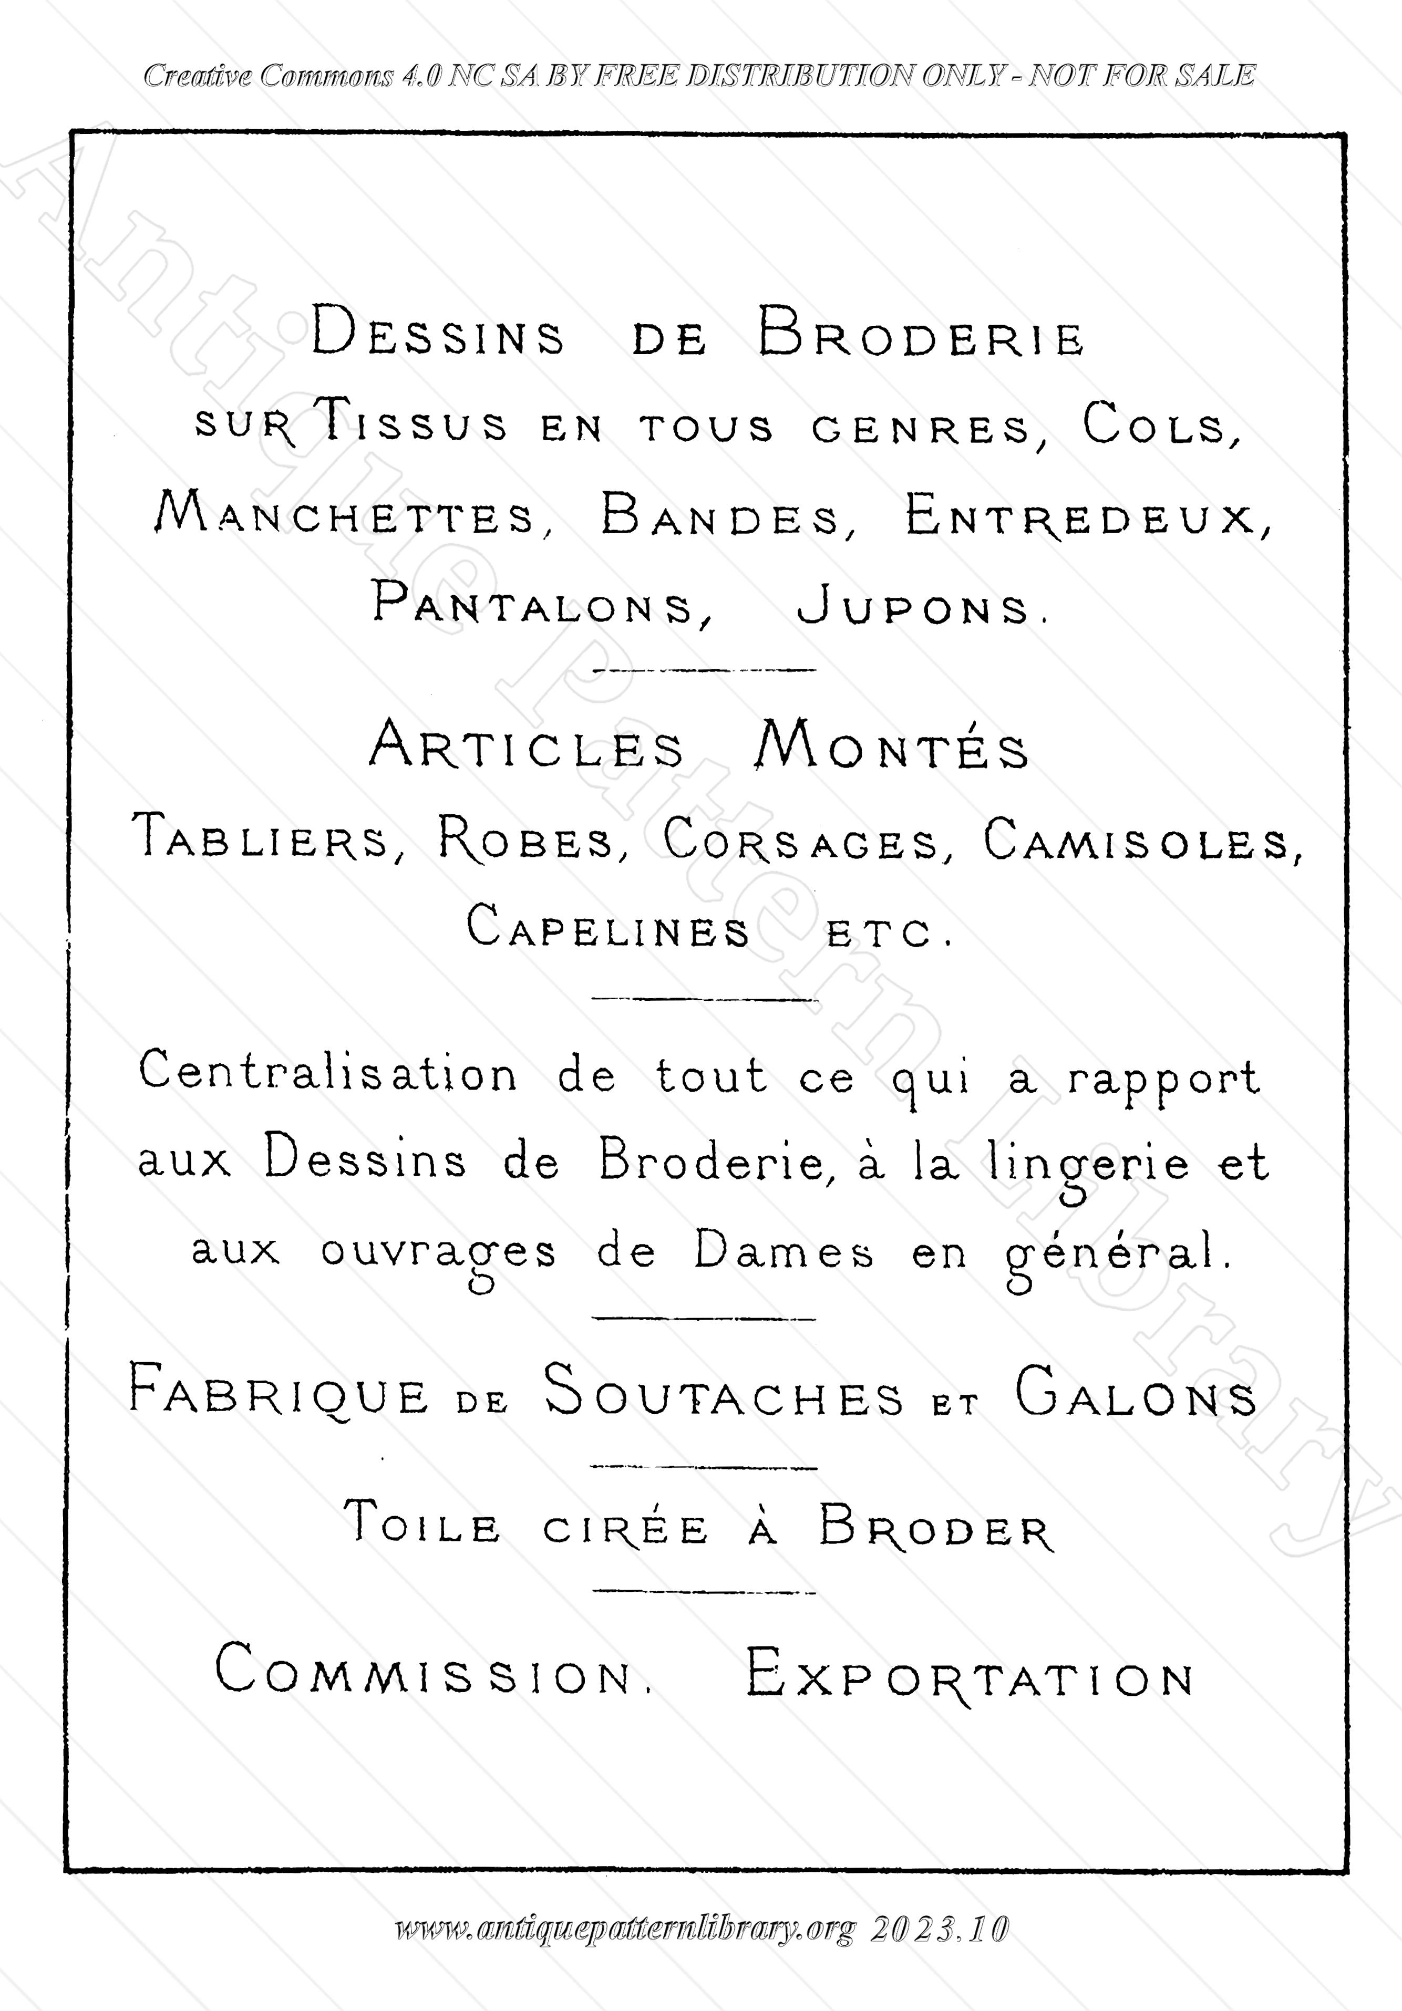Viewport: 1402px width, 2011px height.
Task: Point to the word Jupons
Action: pyautogui.click(x=920, y=607)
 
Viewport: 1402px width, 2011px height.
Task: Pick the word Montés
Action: pyautogui.click(x=892, y=747)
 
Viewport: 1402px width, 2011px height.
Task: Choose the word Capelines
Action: pyautogui.click(x=607, y=928)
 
